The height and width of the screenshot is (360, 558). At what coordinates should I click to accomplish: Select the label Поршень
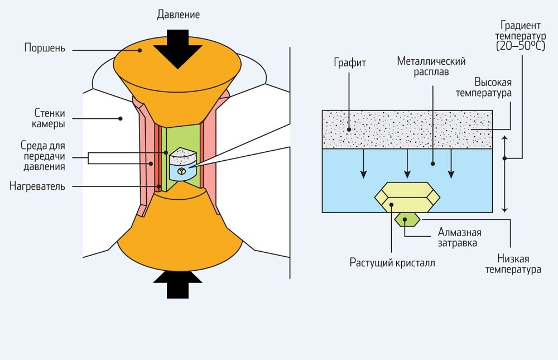[45, 48]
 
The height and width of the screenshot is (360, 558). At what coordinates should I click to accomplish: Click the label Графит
[351, 63]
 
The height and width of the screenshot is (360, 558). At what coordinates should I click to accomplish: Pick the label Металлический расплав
[431, 66]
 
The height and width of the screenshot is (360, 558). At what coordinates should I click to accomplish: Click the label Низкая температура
[513, 265]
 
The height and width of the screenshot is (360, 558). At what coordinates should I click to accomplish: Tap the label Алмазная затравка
[459, 237]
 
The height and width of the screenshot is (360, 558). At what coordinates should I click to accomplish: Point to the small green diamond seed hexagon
[407, 219]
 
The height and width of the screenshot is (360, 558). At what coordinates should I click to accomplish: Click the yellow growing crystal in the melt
[407, 198]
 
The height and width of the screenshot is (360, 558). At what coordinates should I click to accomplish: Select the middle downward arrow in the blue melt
[408, 163]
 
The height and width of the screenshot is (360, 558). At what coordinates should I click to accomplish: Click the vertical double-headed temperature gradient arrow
[504, 173]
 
